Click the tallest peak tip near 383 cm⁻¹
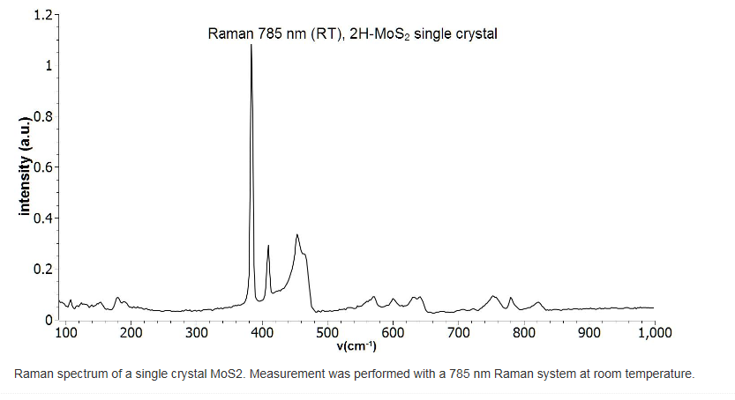pos(251,45)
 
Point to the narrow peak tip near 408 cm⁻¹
pos(267,246)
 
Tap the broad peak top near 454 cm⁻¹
pos(297,234)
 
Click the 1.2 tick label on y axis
pos(42,15)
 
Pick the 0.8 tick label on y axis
pos(42,116)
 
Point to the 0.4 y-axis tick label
pos(42,218)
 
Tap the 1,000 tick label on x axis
pos(653,332)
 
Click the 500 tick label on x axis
pos(327,332)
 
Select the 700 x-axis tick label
pos(458,332)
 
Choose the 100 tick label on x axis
pos(66,332)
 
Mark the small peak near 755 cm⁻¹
pos(494,296)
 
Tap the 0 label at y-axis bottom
pos(49,319)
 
